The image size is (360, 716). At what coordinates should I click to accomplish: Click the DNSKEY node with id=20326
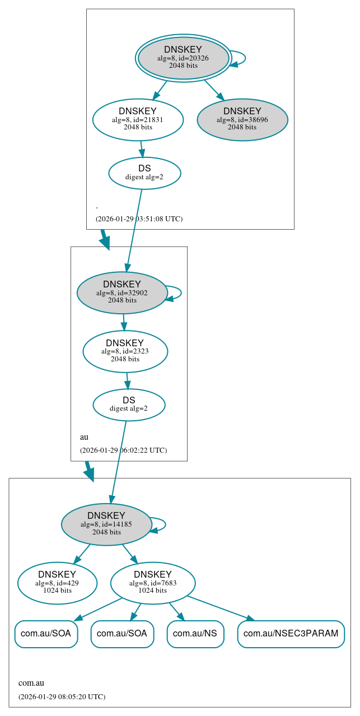183,58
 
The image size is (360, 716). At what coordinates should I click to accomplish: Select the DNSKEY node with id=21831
138,119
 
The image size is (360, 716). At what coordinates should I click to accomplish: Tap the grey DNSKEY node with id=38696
242,119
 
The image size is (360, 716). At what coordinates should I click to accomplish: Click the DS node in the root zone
144,173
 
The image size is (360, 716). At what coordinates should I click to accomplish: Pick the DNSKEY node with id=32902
122,292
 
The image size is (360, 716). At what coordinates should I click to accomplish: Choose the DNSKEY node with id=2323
125,351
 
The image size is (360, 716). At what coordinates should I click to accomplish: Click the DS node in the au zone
129,405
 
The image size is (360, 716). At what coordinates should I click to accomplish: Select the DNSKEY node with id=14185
106,524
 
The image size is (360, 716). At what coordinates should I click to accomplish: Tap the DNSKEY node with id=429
57,583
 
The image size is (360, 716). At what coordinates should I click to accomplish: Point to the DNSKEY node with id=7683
152,583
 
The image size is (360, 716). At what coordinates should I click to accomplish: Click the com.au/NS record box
195,634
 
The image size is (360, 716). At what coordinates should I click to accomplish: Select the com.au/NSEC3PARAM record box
291,634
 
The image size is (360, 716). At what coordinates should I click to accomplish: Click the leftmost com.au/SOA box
46,634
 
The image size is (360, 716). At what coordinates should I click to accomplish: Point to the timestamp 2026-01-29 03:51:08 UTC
139,218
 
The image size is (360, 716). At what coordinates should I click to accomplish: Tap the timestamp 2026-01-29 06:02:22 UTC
123,450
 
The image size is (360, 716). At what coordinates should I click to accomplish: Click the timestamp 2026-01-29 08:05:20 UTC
62,696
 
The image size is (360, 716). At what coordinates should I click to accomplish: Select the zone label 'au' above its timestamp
84,437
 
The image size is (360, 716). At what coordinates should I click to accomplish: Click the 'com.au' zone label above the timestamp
31,683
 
